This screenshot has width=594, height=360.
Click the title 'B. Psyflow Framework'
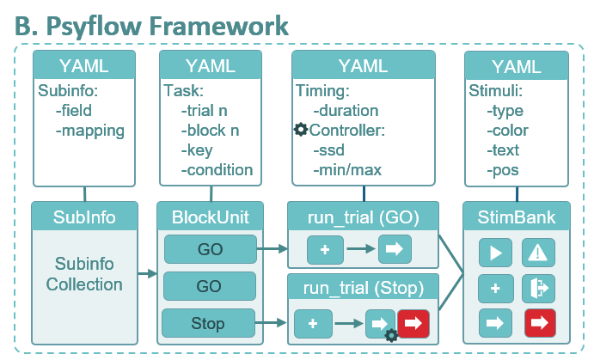point(151,26)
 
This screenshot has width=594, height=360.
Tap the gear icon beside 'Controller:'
point(301,130)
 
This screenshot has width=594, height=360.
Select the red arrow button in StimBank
point(540,323)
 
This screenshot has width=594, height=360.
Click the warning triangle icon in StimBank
point(538,253)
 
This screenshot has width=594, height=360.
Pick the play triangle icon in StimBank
point(495,253)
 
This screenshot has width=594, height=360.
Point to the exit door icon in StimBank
point(538,289)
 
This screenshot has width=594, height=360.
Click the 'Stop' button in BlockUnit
point(208,323)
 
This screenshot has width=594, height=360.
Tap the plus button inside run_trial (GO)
point(325,249)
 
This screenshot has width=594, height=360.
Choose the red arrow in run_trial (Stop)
point(413,323)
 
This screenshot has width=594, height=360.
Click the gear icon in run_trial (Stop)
point(391,335)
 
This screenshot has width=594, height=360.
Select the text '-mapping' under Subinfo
point(90,131)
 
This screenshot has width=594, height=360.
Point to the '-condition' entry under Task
point(217,170)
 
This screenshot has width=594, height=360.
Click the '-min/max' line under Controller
point(347,170)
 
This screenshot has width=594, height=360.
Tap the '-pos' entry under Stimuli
point(503,171)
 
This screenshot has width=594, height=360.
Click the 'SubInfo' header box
point(84,217)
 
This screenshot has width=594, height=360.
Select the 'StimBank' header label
point(517,217)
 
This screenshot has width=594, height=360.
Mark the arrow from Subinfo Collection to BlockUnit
point(147,273)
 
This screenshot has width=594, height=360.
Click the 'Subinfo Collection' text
point(84,274)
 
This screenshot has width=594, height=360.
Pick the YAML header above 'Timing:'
point(364,65)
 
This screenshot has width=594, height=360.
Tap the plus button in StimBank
point(495,289)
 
